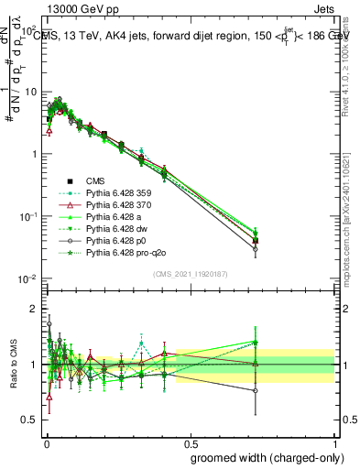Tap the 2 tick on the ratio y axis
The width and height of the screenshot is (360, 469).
click(35, 308)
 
